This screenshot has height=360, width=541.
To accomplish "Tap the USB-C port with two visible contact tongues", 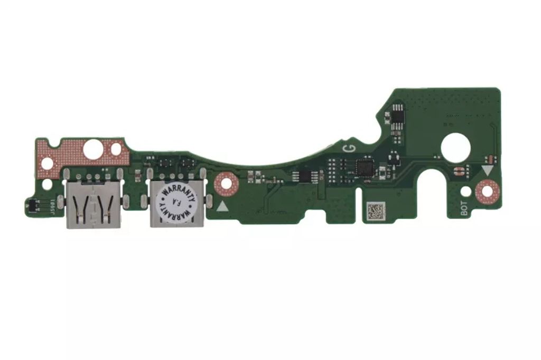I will (93, 205).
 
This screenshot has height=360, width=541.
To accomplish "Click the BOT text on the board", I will (464, 210).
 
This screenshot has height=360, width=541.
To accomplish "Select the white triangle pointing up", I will (223, 206).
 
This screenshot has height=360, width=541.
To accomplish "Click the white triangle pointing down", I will (487, 170).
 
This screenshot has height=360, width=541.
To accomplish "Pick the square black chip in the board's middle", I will (365, 168).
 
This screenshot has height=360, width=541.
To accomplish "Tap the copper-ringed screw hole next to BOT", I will (487, 191).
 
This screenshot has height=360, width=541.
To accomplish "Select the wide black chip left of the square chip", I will (302, 176).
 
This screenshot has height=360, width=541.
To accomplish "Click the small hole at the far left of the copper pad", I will (47, 164).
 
